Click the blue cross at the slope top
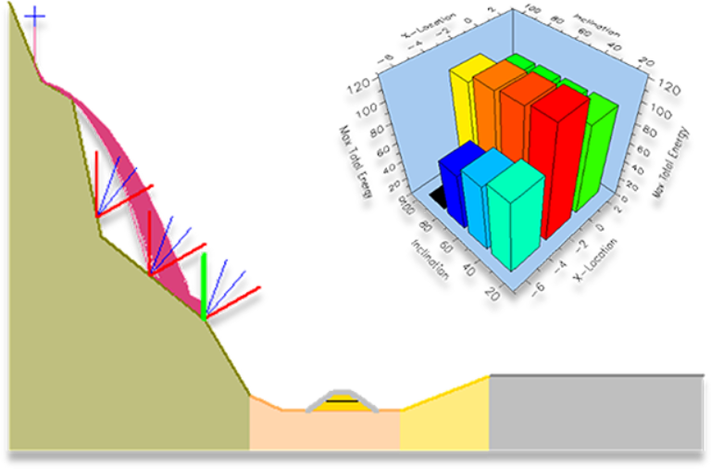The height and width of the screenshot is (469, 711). pyautogui.click(x=34, y=16)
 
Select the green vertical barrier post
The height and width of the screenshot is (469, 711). pyautogui.click(x=203, y=283)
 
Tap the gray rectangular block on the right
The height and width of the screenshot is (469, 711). pyautogui.click(x=597, y=412)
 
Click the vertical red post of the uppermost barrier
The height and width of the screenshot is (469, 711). pyautogui.click(x=97, y=181)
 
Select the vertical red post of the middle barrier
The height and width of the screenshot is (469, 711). pyautogui.click(x=149, y=241)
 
